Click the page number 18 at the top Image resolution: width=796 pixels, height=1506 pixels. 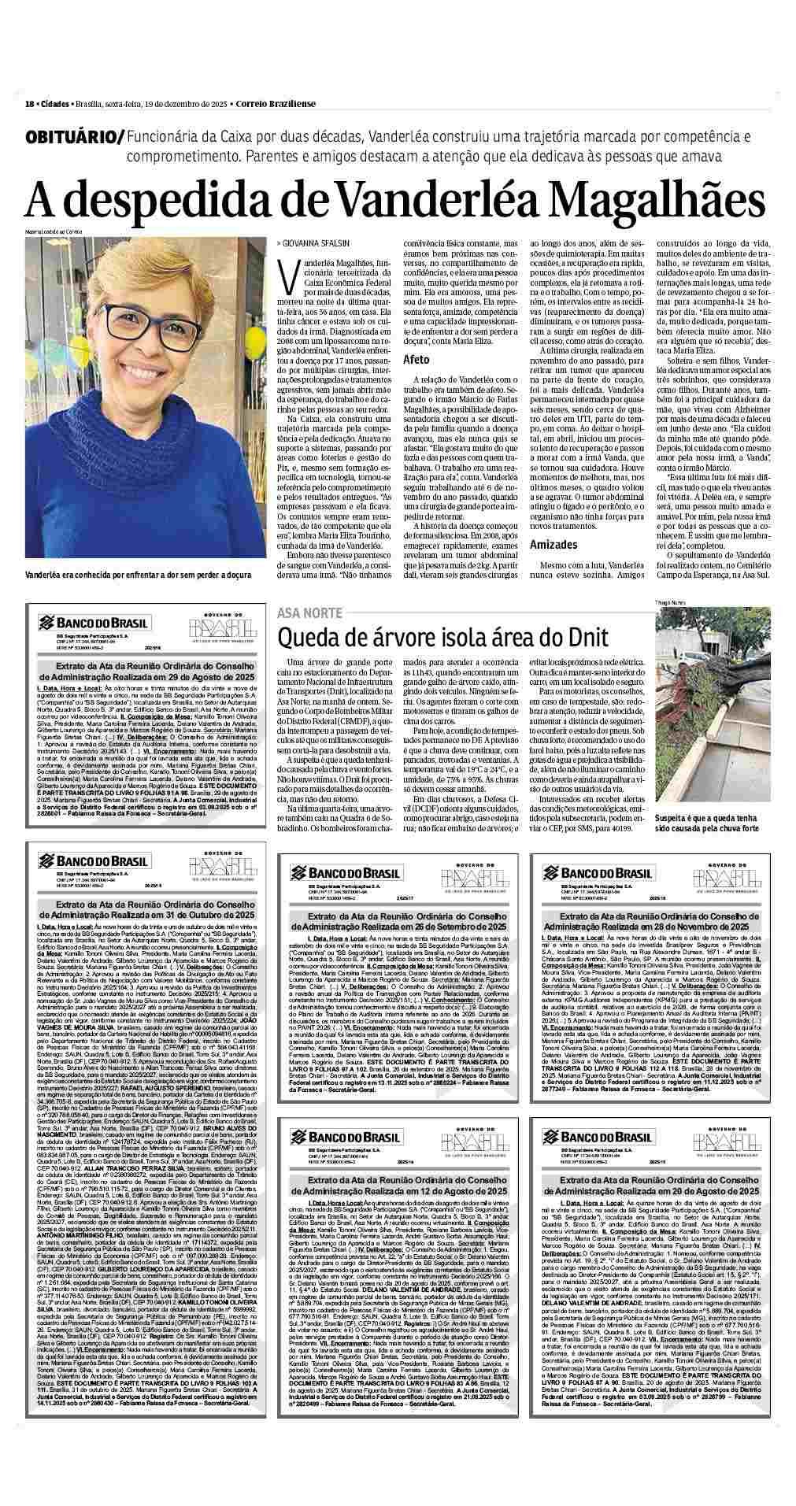point(29,105)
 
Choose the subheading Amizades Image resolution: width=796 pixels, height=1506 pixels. point(553,544)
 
